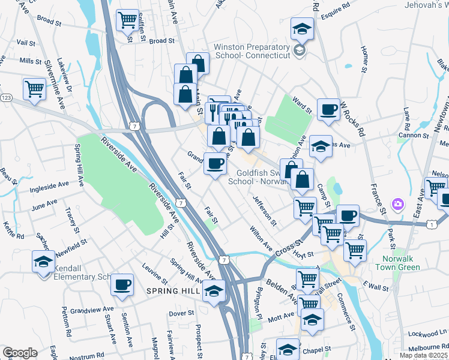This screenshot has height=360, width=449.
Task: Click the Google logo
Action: (20, 353)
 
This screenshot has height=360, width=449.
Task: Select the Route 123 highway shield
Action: (6, 97)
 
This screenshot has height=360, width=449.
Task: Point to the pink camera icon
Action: (397, 205)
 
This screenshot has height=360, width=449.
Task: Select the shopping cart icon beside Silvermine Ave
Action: (35, 89)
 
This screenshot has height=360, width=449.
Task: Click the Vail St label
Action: (26, 43)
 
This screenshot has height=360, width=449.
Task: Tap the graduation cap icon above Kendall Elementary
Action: (43, 262)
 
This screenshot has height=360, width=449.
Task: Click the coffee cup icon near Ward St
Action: (328, 110)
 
